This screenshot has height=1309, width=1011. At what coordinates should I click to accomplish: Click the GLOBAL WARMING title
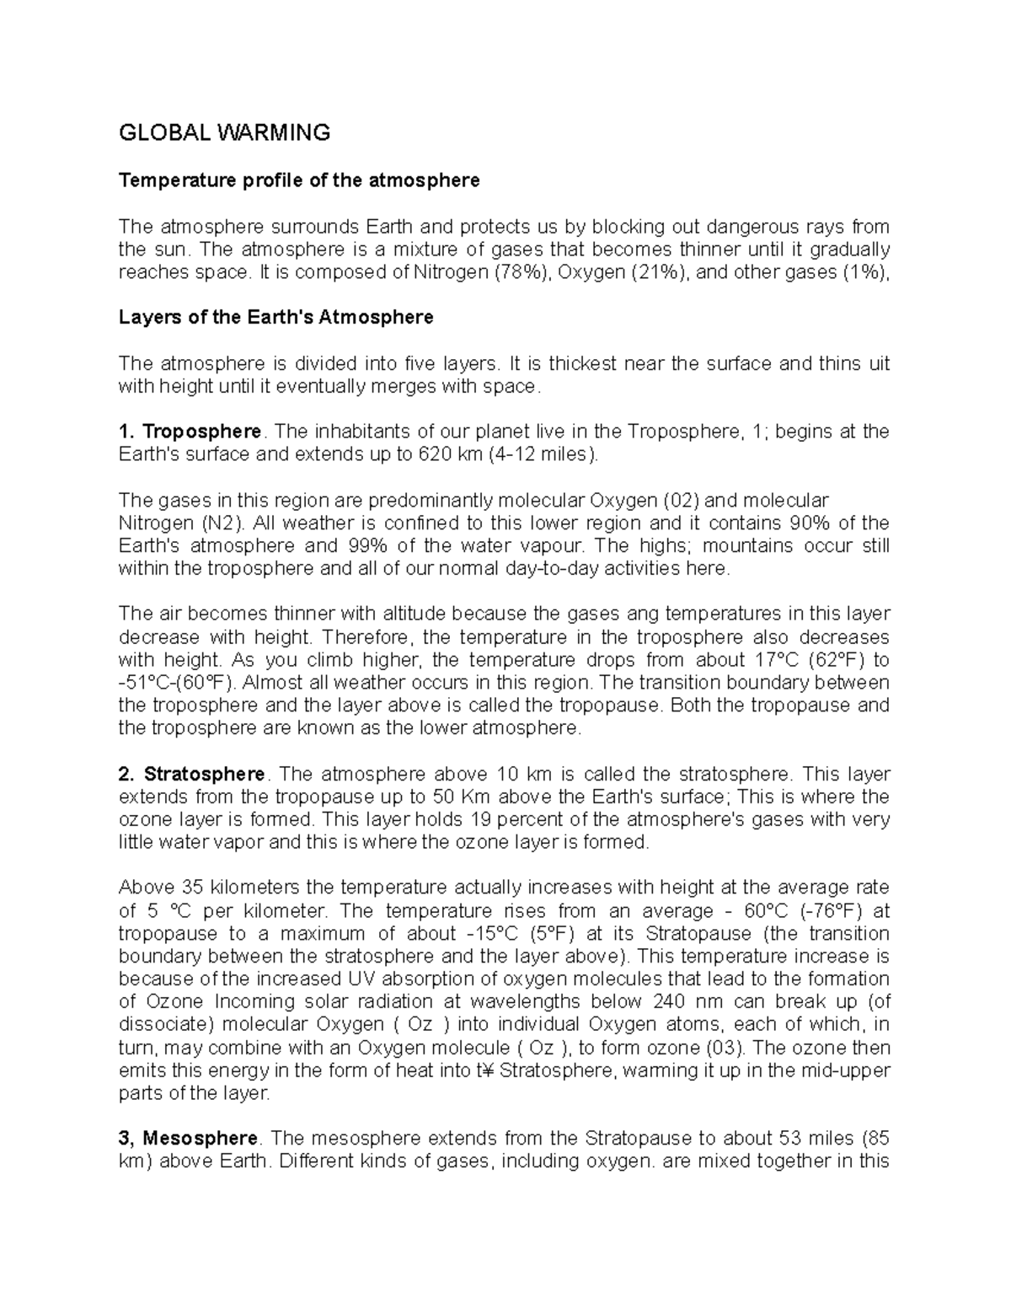point(224,132)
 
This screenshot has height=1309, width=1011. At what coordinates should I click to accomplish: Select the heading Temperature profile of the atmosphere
point(299,180)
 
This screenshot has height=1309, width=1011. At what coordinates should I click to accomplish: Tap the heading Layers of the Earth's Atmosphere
point(276,318)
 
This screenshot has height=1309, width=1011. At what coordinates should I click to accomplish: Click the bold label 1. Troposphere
point(190,432)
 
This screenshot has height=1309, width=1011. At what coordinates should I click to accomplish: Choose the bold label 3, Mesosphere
point(190,1139)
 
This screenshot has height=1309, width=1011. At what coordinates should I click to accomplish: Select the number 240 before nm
point(668,1002)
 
